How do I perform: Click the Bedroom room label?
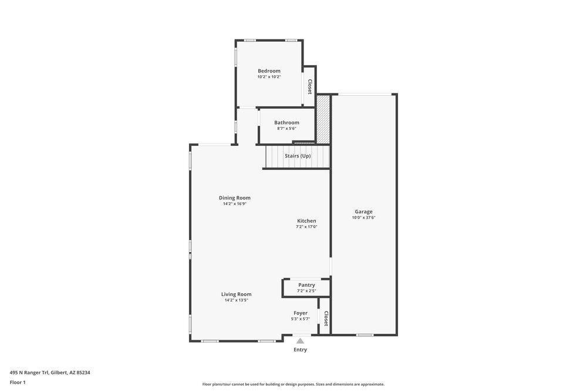click(269, 71)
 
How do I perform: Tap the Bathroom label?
click(286, 123)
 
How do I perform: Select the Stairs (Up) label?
click(298, 156)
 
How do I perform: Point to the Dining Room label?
click(235, 198)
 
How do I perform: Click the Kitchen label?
click(306, 221)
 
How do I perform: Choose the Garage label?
click(363, 212)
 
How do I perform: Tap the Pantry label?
click(306, 285)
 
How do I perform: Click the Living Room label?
click(236, 294)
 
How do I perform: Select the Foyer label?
click(301, 313)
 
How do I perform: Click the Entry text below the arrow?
click(300, 350)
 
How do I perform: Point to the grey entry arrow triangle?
click(300, 341)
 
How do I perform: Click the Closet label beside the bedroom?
click(309, 87)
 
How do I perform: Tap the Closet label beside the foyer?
click(326, 319)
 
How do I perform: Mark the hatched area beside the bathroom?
click(323, 119)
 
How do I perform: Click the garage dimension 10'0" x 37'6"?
click(363, 217)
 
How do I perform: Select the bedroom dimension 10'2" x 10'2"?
click(269, 77)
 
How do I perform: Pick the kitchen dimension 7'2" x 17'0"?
click(306, 227)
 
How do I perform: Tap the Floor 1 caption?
click(18, 383)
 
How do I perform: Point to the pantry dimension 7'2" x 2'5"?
click(306, 291)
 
